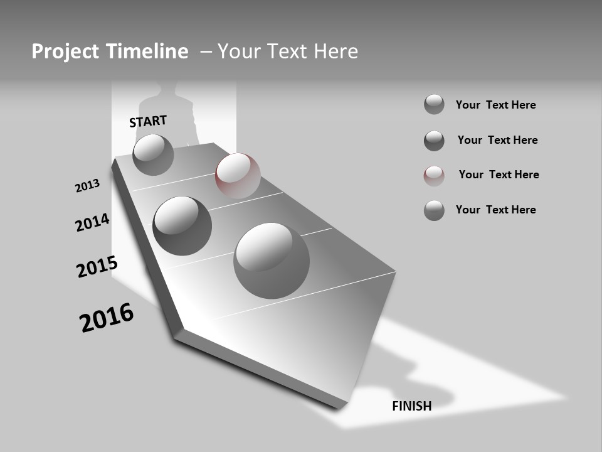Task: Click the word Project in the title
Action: pos(64,51)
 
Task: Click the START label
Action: pos(148,121)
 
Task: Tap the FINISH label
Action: pos(411,406)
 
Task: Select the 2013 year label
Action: pos(87,186)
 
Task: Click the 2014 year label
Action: pos(92,222)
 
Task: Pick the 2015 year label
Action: pos(97,267)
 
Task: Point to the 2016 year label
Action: pos(107,318)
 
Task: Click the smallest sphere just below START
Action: pos(153,154)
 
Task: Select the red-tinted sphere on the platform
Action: pos(238,175)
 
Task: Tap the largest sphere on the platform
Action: pos(272,260)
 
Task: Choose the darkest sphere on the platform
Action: pos(182,225)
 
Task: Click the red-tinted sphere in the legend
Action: pos(434,175)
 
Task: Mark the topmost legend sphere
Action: pos(434,104)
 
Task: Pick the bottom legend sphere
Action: pos(434,210)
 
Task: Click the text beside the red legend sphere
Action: pos(499,175)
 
